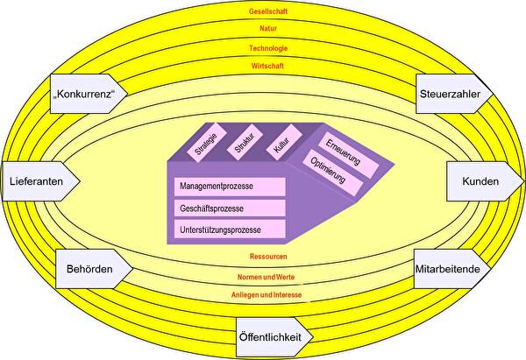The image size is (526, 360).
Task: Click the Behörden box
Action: pos(89,269)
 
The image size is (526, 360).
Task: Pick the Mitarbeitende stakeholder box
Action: pos(444,269)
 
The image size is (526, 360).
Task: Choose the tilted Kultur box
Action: pos(281,146)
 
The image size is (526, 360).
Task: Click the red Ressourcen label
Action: pos(269,258)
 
